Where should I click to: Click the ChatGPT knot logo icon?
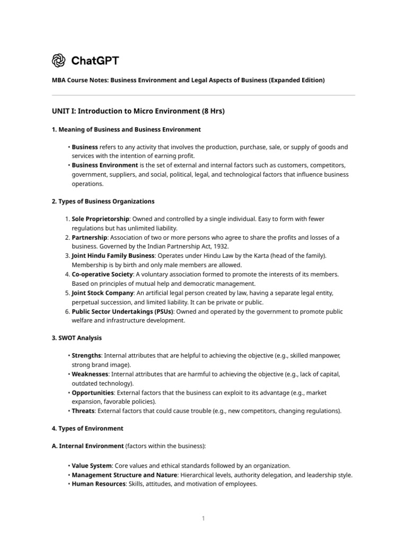59,61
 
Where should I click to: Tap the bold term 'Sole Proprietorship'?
100,219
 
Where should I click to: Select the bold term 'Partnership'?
90,237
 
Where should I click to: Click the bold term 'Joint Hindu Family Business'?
112,256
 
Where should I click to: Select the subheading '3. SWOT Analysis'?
77,338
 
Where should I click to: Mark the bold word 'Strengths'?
86,356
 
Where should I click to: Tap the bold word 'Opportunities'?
93,393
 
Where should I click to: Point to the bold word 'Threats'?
83,411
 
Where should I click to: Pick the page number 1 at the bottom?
203,519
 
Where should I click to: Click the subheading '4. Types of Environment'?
87,428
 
